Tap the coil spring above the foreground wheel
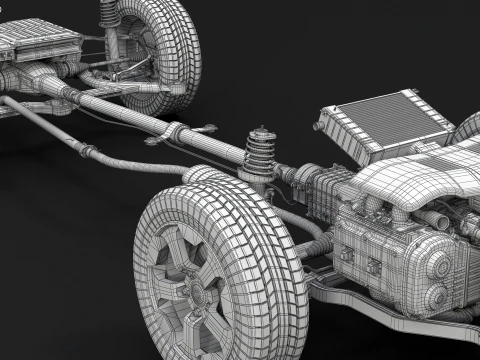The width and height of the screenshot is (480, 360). point(262,159)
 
